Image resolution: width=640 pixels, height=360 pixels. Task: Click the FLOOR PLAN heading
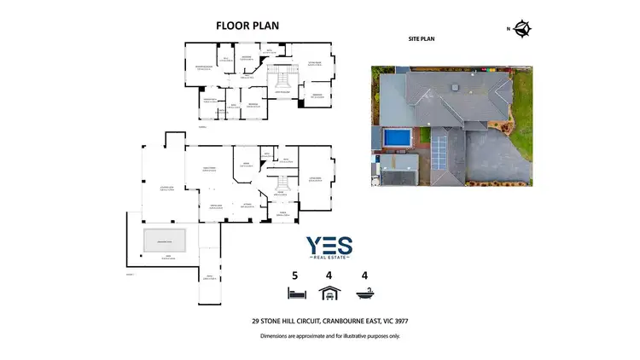pos(247,26)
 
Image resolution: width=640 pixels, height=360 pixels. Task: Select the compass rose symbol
pos(522,29)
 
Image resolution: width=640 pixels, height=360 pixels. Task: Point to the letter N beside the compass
pos(509,29)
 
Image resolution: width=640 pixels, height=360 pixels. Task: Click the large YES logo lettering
pos(329,246)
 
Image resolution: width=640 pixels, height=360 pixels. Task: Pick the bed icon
pos(295,295)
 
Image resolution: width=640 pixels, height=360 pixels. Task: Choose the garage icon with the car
pos(328,295)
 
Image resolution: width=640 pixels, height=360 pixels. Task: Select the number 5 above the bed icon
pos(295,276)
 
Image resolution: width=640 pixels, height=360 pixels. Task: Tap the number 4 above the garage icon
pos(328,276)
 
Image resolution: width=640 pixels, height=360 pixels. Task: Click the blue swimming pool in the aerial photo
pos(395,137)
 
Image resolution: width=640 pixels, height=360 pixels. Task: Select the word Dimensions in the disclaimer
pos(277,336)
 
